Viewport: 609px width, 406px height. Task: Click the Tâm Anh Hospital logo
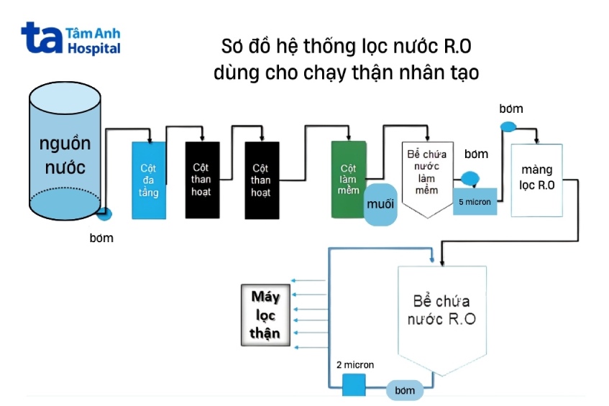point(70,39)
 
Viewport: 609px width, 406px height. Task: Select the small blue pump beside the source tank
point(104,213)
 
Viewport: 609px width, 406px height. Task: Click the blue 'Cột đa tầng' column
point(149,180)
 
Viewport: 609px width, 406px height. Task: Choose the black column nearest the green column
point(262,180)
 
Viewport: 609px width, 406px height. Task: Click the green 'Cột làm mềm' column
point(348,176)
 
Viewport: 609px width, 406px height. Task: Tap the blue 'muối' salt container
point(381,204)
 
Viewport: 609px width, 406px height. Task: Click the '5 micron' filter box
point(475,202)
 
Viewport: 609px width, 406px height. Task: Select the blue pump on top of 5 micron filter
point(470,177)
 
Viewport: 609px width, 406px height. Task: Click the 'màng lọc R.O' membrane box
point(536,180)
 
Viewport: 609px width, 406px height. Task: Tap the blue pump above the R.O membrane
point(508,127)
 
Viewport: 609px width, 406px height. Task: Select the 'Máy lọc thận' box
point(265,315)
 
